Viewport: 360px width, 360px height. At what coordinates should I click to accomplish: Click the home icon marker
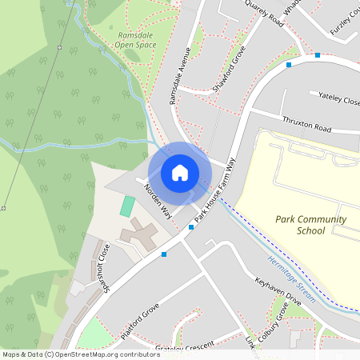pyautogui.click(x=180, y=172)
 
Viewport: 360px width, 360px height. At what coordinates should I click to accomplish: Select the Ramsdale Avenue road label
pyautogui.click(x=178, y=77)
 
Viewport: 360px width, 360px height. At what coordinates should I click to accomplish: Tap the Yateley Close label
pyautogui.click(x=339, y=100)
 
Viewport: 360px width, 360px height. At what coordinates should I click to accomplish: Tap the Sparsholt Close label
pyautogui.click(x=102, y=264)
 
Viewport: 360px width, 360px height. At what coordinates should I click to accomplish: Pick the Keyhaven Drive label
pyautogui.click(x=278, y=292)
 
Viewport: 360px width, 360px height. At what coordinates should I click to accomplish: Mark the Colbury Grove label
pyautogui.click(x=272, y=327)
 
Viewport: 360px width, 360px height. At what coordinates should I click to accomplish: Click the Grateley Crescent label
pyautogui.click(x=187, y=346)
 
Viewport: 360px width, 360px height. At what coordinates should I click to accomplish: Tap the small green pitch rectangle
pyautogui.click(x=127, y=206)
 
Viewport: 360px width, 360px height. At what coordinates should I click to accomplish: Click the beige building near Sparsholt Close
pyautogui.click(x=138, y=236)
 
